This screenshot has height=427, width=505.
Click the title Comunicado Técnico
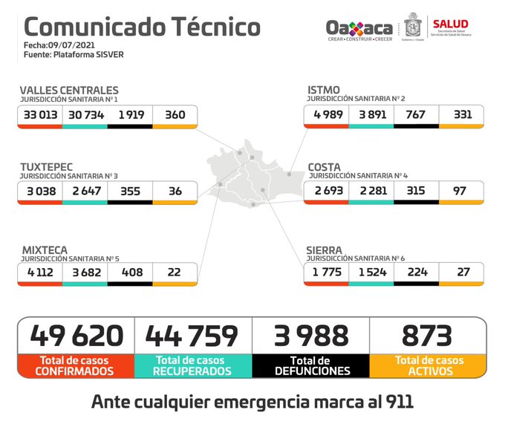coord(142,27)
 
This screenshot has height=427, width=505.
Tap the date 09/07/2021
coord(67,45)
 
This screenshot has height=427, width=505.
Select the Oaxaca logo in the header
coord(359,29)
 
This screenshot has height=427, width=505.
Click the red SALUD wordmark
coord(450,25)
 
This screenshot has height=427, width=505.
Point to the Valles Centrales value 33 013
coord(41,115)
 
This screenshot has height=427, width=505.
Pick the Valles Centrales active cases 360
coord(175,115)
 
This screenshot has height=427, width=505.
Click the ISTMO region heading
coord(324,91)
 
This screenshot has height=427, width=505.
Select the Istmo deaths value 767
coord(416,114)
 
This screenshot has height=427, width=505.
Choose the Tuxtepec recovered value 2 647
coord(85,191)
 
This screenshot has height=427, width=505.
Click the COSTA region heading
coord(325,167)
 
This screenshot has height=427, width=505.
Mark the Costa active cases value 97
coord(461,191)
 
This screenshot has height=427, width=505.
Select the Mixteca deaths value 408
coord(130,273)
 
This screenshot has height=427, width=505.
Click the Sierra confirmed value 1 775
coord(326,273)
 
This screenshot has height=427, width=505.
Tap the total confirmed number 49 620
coord(76,336)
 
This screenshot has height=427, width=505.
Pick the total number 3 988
coord(311,336)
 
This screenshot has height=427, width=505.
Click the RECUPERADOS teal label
coord(193,371)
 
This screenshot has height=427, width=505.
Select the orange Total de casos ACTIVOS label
coord(429,365)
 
